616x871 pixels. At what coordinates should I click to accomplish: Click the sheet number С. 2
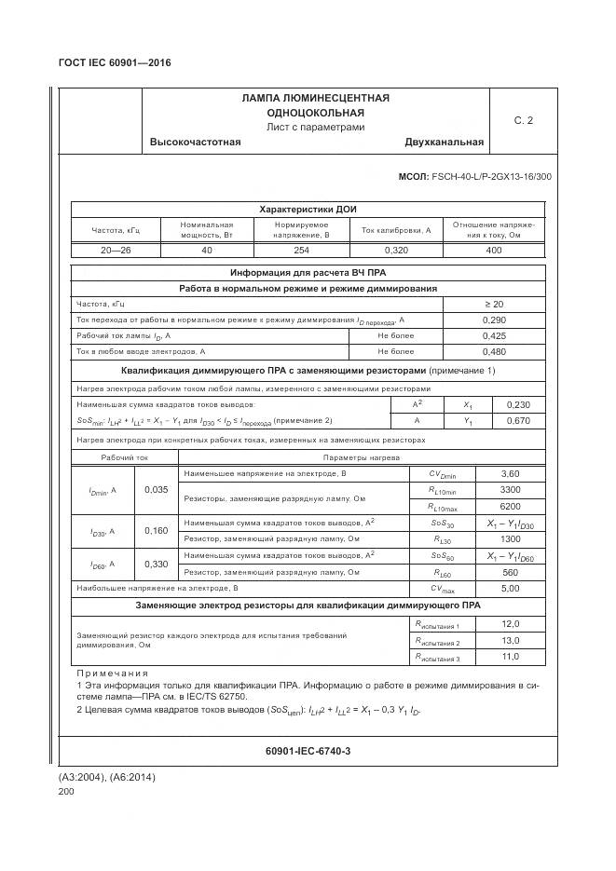[x=524, y=120]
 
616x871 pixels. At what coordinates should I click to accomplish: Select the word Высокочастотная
[x=196, y=143]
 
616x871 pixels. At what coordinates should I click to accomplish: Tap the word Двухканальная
[x=444, y=143]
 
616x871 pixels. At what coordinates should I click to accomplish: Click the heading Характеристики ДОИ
[x=308, y=210]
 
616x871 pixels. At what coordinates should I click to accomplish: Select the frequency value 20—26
[x=116, y=250]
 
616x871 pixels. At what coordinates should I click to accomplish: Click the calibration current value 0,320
[x=396, y=250]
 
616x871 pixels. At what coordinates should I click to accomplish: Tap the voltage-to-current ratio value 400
[x=493, y=250]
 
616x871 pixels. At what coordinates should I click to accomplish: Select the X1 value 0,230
[x=517, y=405]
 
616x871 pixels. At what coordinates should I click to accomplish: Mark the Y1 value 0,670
[x=517, y=421]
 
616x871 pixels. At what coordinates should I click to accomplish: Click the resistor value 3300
[x=510, y=489]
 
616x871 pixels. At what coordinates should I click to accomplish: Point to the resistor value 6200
[x=510, y=506]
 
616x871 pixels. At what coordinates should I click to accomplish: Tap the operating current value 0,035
[x=157, y=489]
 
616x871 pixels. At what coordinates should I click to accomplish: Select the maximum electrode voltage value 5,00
[x=510, y=589]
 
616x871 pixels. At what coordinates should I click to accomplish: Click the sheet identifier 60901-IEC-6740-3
[x=308, y=751]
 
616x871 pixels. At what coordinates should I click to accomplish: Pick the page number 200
[x=66, y=791]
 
